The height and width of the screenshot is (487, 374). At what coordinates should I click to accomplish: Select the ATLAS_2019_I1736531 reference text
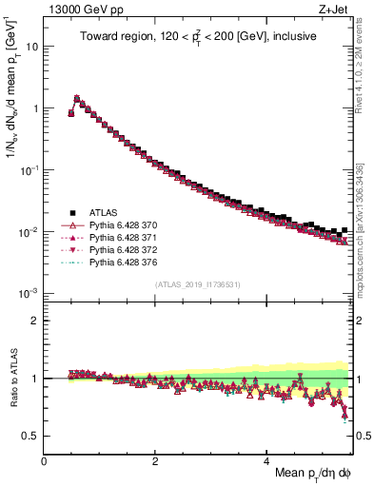pos(197,284)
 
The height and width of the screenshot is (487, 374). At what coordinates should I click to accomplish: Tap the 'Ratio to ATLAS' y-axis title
pos(12,378)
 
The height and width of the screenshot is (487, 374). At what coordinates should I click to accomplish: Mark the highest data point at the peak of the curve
pos(77,97)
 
